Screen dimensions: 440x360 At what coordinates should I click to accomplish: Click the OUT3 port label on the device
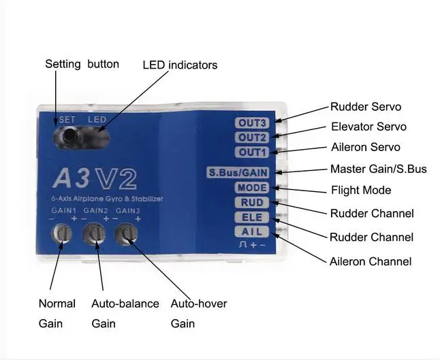252,122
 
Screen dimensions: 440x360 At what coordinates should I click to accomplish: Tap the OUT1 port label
252,152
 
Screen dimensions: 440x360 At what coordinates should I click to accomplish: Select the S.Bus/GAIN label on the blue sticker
238,172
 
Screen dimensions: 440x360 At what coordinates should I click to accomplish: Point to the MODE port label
252,188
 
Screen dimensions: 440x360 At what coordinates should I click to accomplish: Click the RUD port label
252,202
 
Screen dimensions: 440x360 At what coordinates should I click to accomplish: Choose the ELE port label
252,217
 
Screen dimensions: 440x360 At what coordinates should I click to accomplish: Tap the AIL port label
252,232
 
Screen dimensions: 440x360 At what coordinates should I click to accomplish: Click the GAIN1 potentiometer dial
62,233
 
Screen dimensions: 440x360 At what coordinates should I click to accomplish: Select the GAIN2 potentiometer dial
94,233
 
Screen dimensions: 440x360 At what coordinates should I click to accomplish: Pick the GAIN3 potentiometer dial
126,233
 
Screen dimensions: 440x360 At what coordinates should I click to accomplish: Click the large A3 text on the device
72,178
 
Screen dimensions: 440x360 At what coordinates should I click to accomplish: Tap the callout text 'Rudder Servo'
366,107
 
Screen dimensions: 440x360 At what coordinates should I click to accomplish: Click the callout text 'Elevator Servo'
368,127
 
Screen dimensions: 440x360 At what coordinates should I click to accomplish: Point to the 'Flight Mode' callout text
361,191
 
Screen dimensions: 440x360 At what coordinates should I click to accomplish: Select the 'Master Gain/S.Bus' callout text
379,169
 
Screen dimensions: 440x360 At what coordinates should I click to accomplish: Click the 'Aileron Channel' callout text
371,261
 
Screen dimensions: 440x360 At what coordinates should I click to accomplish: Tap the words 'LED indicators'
180,65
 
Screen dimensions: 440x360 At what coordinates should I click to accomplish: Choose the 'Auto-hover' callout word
199,304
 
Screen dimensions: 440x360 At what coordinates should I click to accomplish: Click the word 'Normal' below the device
57,304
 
